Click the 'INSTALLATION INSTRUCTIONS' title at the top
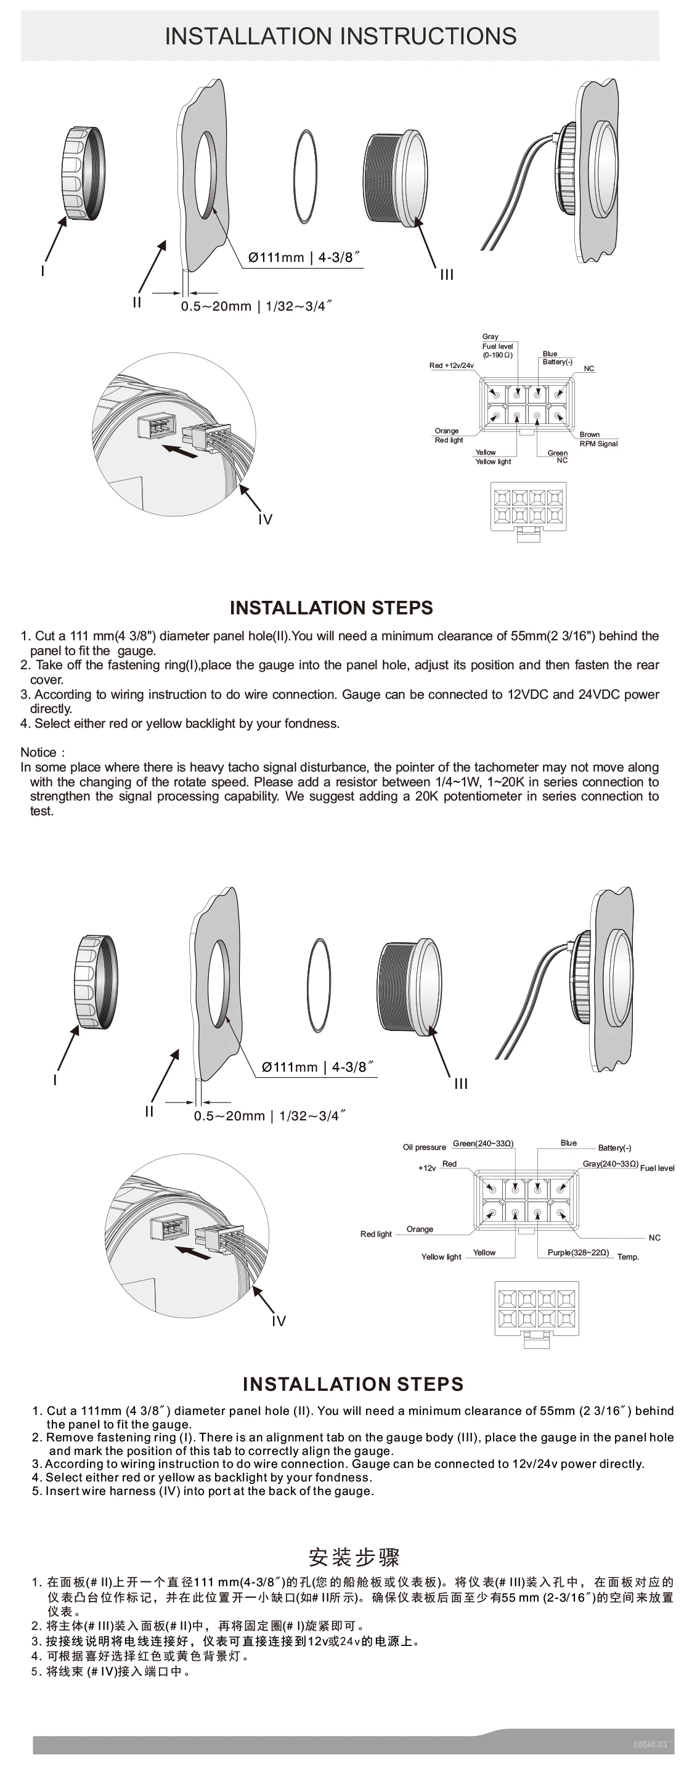[x=340, y=36]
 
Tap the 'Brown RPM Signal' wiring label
[x=598, y=439]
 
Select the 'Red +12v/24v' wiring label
[x=451, y=365]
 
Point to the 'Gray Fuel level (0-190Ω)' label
[x=497, y=346]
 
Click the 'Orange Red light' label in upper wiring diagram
[x=448, y=436]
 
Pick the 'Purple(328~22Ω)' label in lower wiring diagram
[x=577, y=1252]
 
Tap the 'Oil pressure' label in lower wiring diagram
[x=424, y=1147]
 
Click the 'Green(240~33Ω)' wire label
[x=483, y=1143]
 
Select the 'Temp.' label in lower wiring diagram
[x=628, y=1257]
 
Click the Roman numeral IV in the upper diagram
[x=265, y=519]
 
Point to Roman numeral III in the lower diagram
[x=461, y=1084]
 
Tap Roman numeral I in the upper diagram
[x=43, y=271]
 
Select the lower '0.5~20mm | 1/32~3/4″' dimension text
[x=269, y=1116]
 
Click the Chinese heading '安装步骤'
[x=354, y=1556]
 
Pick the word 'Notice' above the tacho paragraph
[x=39, y=752]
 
